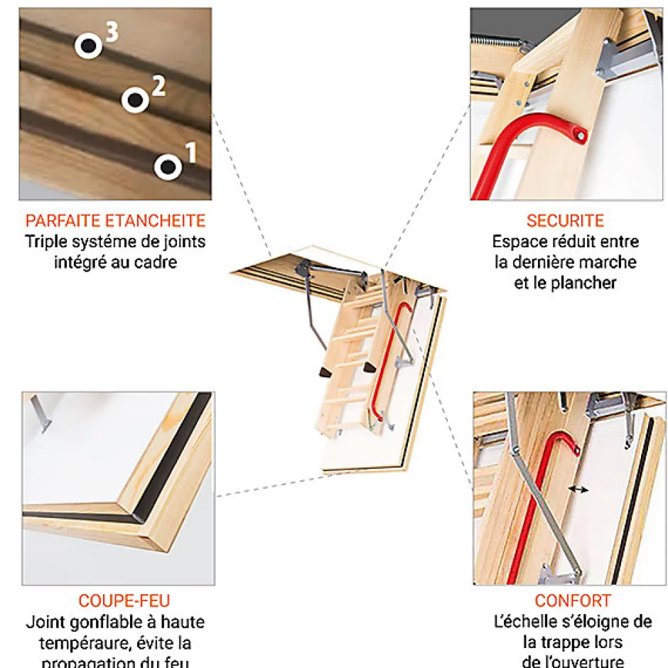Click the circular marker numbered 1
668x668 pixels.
point(168,167)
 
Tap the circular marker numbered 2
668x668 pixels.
point(135,100)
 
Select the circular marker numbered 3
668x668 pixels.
point(89,46)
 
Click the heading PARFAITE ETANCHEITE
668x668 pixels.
point(115,220)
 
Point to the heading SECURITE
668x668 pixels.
point(565,220)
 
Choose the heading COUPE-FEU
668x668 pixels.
point(124,601)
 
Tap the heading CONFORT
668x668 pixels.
point(573,601)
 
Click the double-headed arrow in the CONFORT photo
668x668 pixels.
point(578,490)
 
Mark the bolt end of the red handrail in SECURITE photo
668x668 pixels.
point(582,136)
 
